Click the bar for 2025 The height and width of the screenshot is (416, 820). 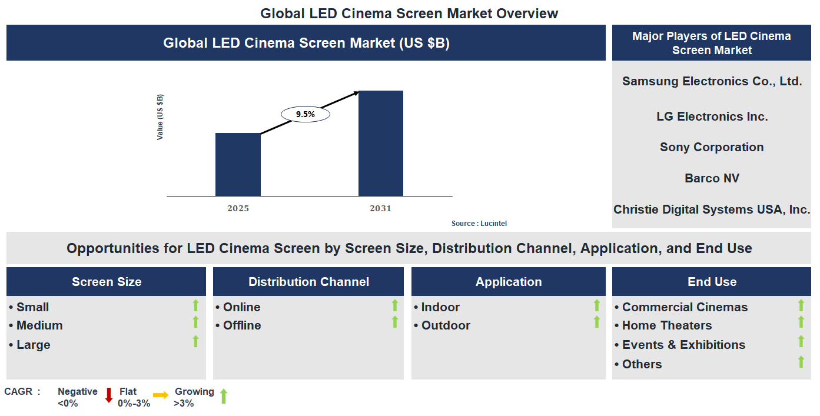tap(238, 165)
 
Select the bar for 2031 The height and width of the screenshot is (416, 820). tap(381, 144)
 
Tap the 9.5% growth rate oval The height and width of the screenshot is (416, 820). tap(306, 114)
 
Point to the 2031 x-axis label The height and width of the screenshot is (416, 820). tap(380, 209)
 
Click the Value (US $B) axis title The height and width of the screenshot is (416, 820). tap(160, 117)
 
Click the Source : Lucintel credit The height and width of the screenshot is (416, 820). tap(479, 224)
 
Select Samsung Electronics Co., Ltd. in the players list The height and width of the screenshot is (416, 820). tap(712, 81)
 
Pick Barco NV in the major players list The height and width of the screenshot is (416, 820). tap(712, 178)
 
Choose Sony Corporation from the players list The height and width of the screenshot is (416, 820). tap(712, 147)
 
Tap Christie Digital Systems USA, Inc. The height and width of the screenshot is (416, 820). tap(712, 209)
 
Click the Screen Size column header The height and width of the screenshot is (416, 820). tap(107, 282)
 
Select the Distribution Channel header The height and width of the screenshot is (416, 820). tap(308, 282)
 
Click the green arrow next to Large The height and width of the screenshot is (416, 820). tap(196, 341)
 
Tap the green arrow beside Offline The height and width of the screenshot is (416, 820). tap(395, 322)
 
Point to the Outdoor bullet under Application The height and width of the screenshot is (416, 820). tap(445, 325)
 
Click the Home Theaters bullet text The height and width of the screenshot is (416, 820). tap(666, 325)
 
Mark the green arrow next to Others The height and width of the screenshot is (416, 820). tap(801, 362)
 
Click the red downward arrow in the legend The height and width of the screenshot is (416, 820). tap(109, 395)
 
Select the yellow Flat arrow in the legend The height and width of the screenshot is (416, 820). tap(161, 395)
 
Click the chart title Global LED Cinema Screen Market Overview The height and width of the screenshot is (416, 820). tap(409, 13)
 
